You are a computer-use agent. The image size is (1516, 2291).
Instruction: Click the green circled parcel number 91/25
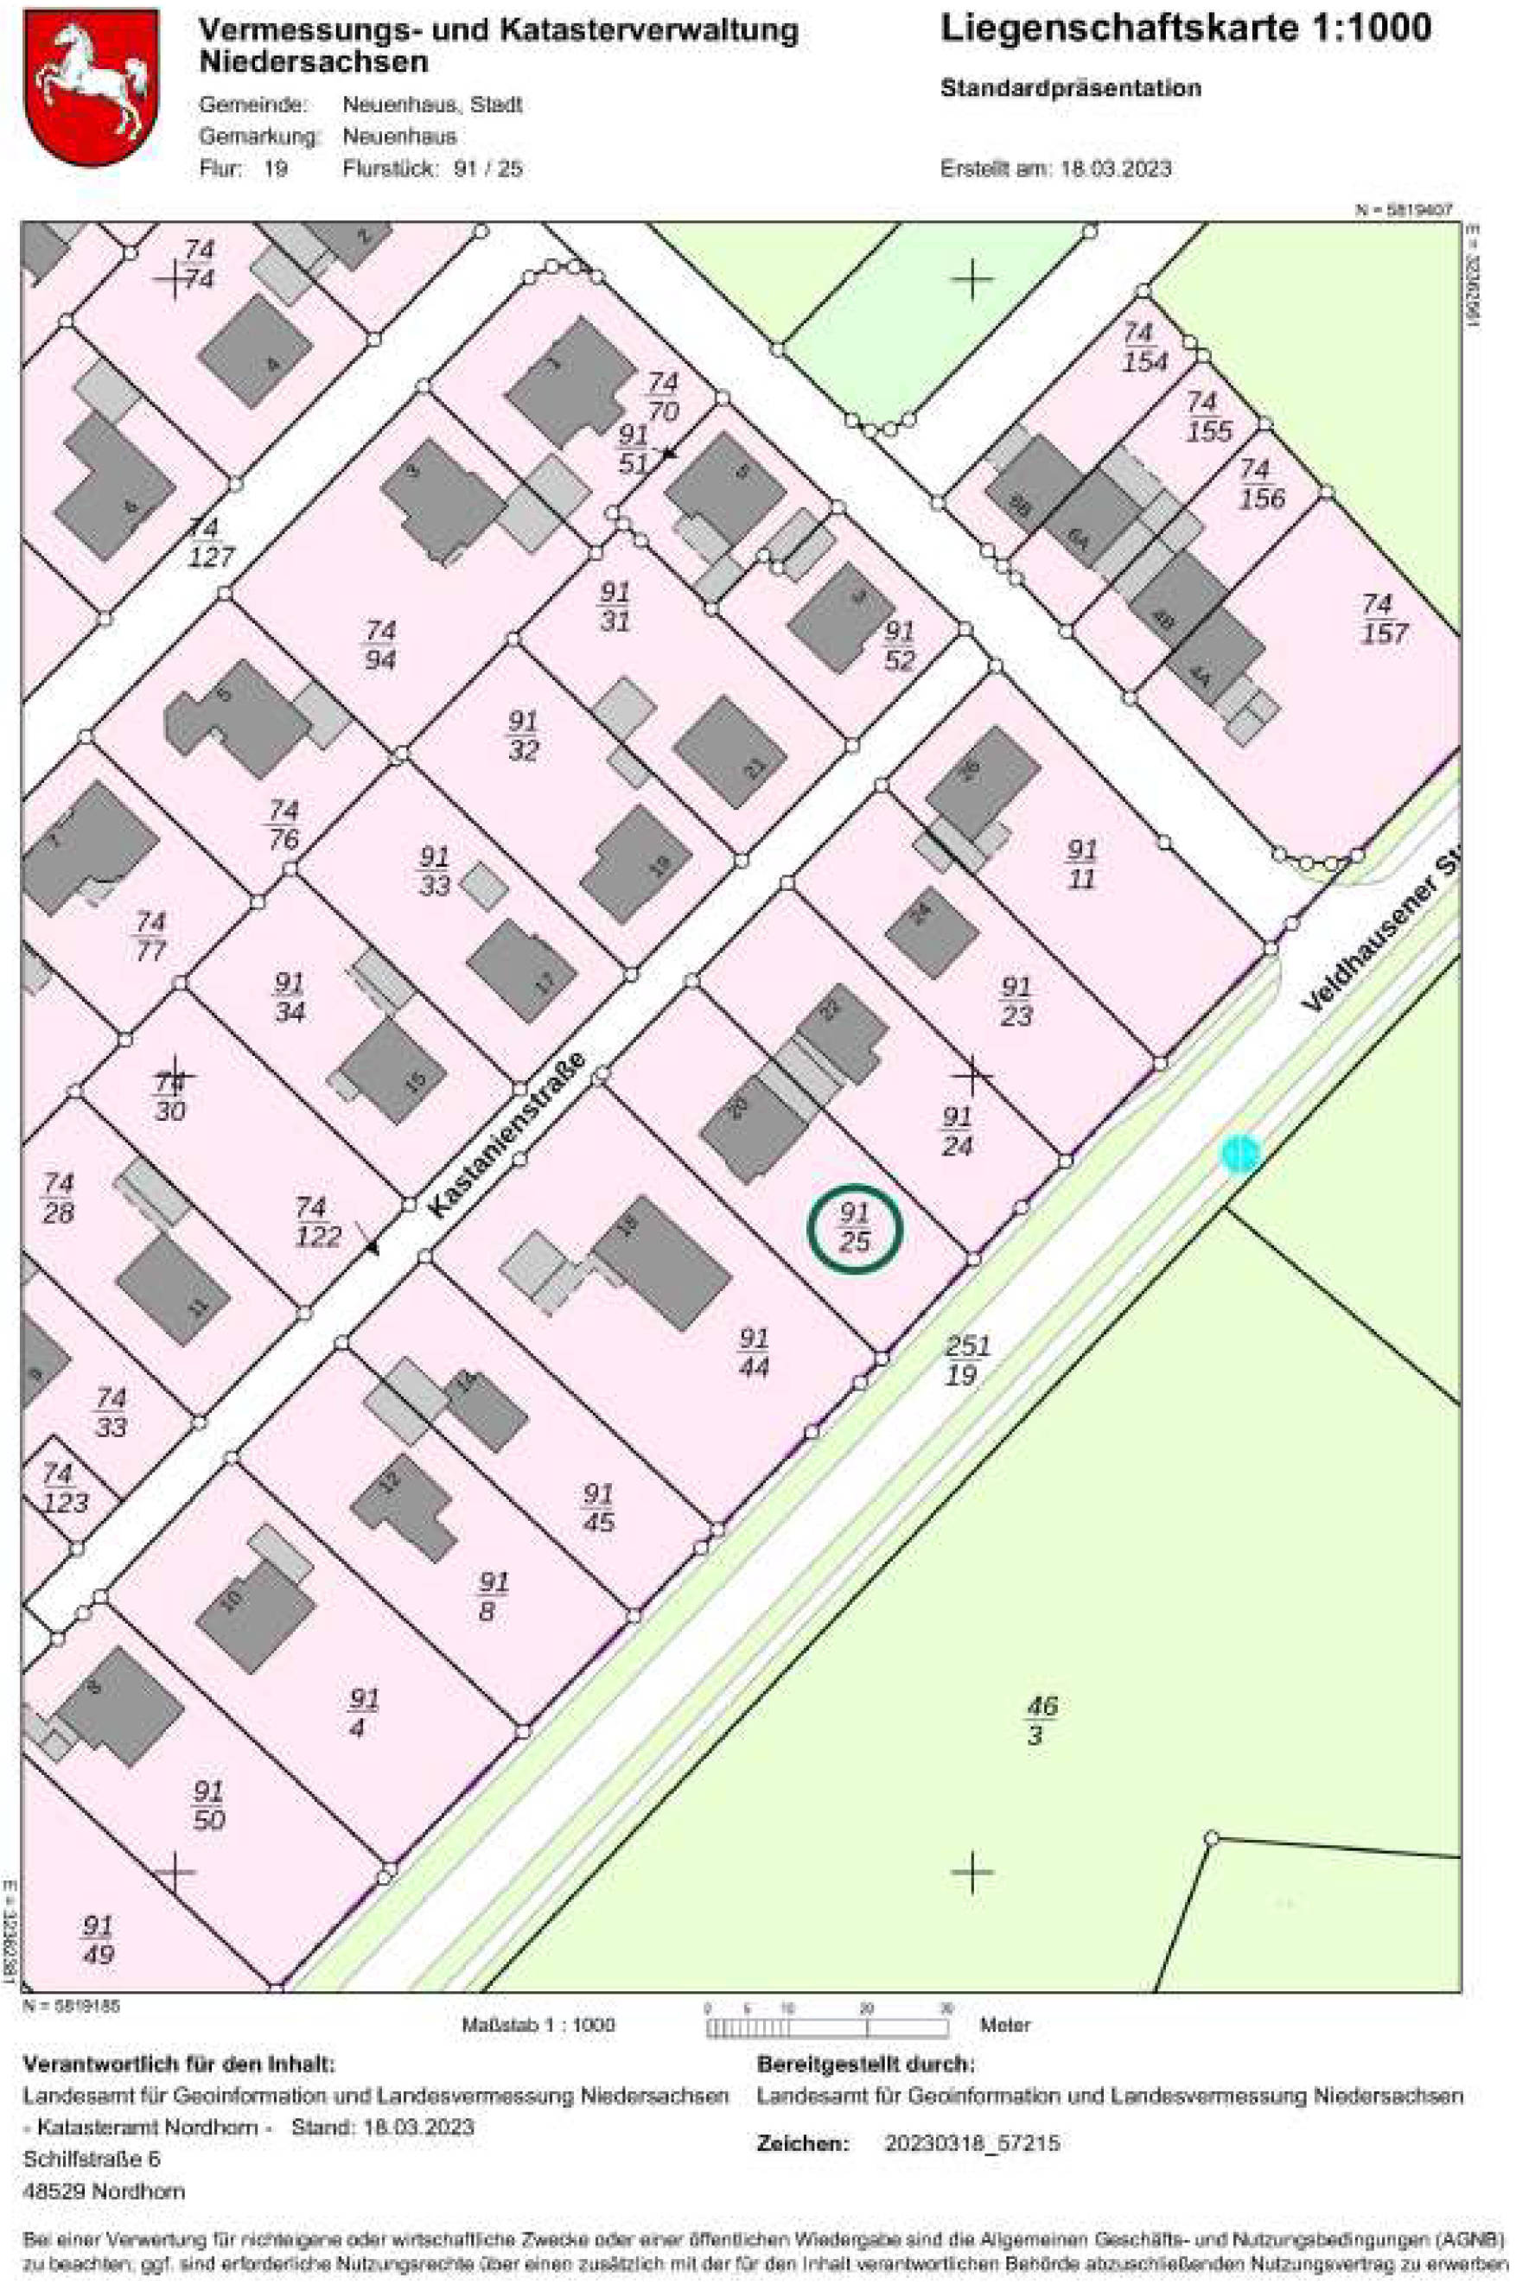pyautogui.click(x=854, y=1228)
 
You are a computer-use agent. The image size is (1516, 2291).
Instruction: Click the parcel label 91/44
pyautogui.click(x=753, y=1352)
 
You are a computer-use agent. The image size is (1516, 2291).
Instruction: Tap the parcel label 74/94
pyautogui.click(x=380, y=645)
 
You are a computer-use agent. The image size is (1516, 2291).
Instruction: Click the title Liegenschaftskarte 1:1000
pyautogui.click(x=1185, y=29)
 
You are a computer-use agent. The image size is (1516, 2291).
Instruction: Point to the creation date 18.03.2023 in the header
pyautogui.click(x=1116, y=169)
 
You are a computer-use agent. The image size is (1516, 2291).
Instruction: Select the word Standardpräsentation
pyautogui.click(x=1070, y=89)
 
